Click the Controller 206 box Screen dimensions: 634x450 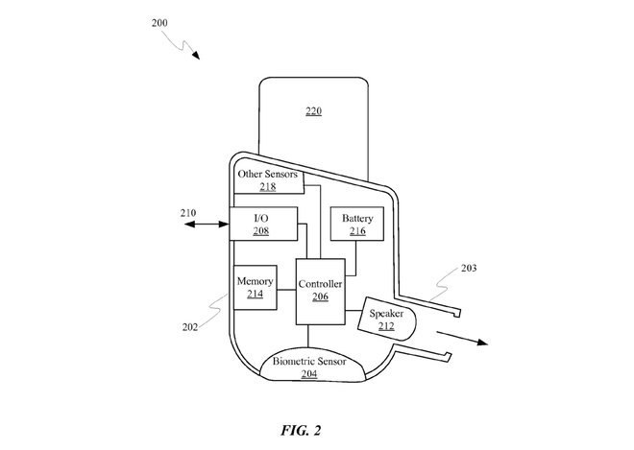coord(320,292)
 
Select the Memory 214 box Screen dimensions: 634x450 coord(256,288)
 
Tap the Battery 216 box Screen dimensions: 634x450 coord(357,224)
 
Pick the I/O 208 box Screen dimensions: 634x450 coord(263,224)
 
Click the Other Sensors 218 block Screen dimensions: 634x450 coord(269,180)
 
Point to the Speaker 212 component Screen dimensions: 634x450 coord(386,320)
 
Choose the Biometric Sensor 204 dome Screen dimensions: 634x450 coord(312,365)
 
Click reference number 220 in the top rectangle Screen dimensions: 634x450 coord(314,111)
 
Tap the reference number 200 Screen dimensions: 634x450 coord(159,23)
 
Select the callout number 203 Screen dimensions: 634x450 coord(469,268)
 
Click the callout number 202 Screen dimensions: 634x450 coord(190,327)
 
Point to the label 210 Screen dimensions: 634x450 coord(188,213)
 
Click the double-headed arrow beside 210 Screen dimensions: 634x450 coord(207,224)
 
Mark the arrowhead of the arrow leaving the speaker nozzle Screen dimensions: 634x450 coord(483,343)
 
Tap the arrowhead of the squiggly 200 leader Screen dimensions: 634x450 coord(196,56)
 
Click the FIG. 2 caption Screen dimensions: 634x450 coord(301,431)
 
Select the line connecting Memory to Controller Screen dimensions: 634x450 coord(286,290)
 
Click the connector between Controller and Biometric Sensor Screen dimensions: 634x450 coord(308,336)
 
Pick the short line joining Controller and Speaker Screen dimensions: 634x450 coord(353,310)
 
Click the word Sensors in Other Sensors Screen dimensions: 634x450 coord(281,174)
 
